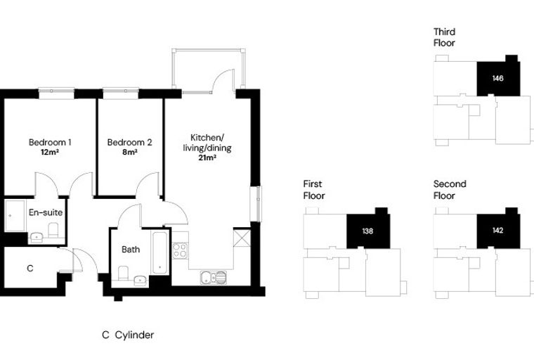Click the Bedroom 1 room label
50,142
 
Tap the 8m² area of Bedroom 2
130,152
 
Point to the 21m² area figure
207,157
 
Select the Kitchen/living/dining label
207,143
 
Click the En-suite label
46,212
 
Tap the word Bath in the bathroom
131,250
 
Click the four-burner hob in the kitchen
180,250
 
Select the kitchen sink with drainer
213,278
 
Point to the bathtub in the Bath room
159,252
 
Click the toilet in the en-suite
53,230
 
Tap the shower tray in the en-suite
15,215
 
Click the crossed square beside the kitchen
242,238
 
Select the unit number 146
497,79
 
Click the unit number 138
367,231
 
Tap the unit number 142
497,231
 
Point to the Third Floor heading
445,37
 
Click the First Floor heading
314,190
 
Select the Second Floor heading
450,190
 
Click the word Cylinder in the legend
134,335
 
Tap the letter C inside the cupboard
30,269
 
